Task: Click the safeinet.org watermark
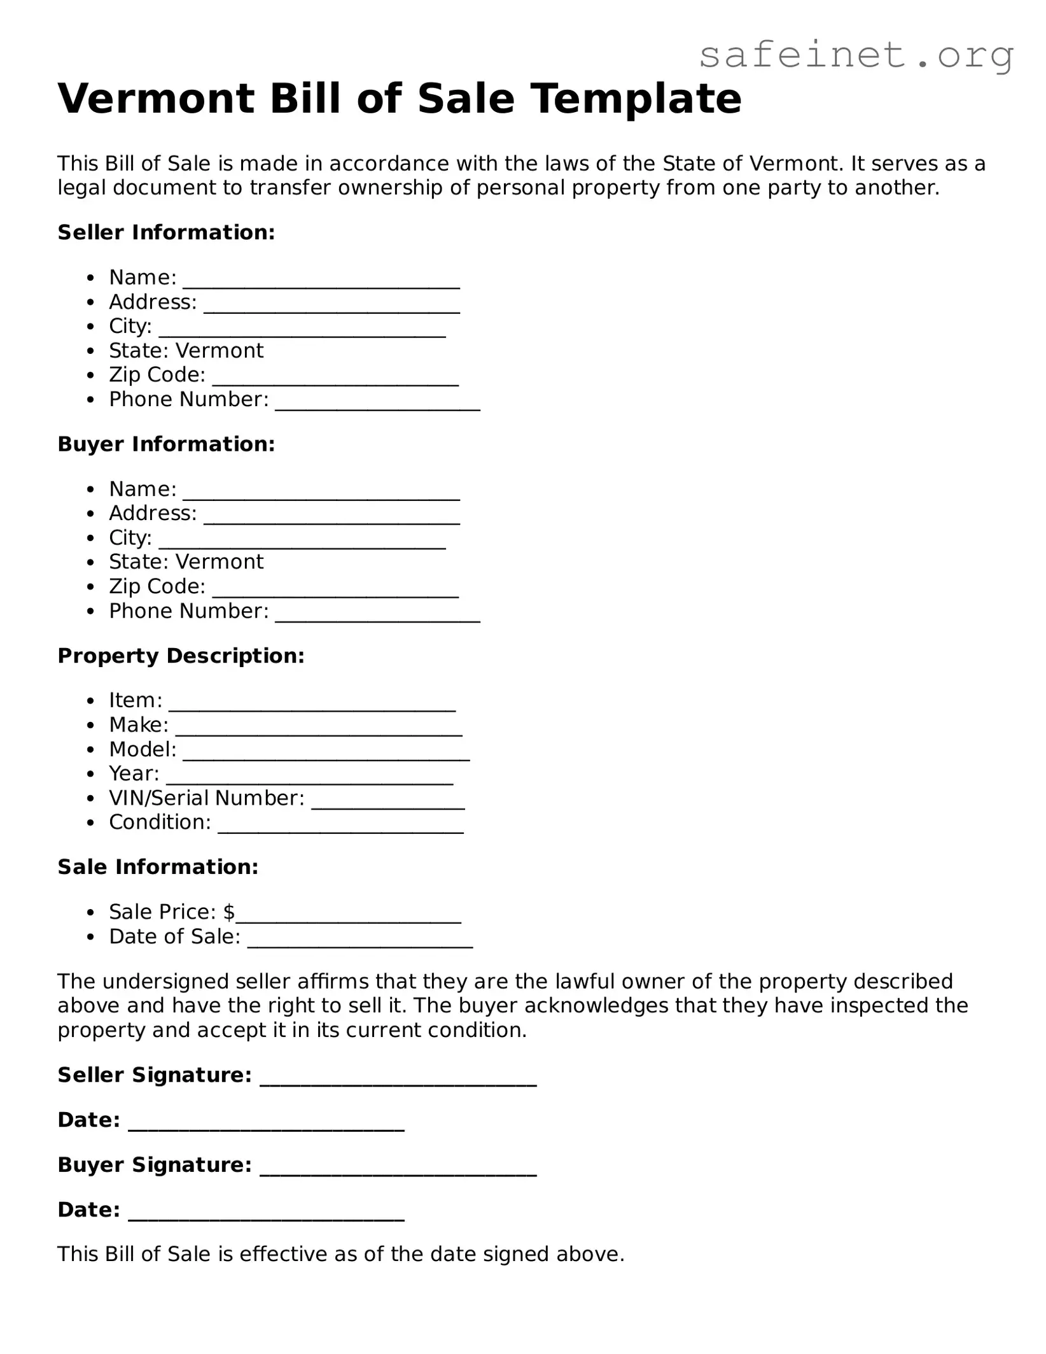pyautogui.click(x=856, y=56)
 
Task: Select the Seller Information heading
pyautogui.click(x=166, y=232)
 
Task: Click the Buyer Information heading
pyautogui.click(x=166, y=444)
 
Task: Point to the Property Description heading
pyautogui.click(x=181, y=656)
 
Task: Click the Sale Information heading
pyautogui.click(x=158, y=867)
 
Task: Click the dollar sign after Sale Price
pyautogui.click(x=229, y=912)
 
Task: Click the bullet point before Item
pyautogui.click(x=92, y=701)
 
